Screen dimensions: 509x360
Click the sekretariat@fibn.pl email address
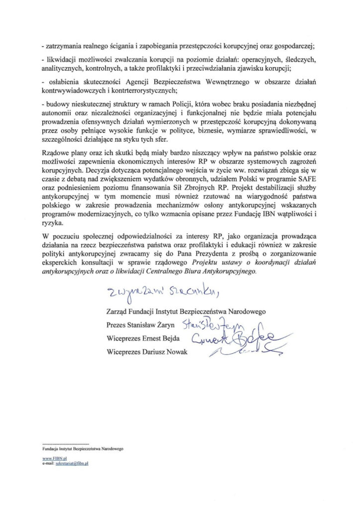(x=72, y=462)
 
